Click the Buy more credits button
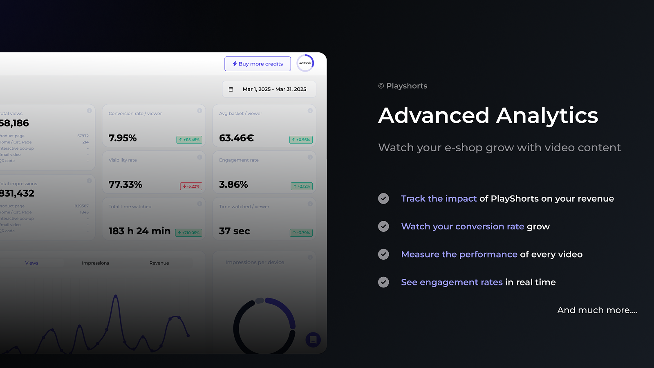[x=258, y=64]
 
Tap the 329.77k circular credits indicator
[x=305, y=63]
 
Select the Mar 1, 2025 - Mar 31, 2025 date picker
[x=269, y=89]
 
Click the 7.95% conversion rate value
[x=123, y=138]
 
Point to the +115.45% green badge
[x=189, y=140]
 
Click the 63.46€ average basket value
[x=236, y=138]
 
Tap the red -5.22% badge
[x=191, y=186]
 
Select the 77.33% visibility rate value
[x=125, y=185]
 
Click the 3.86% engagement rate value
[x=233, y=185]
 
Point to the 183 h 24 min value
[x=139, y=231]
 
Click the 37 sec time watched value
[x=234, y=231]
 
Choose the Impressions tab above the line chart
[x=95, y=263]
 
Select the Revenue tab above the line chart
[x=159, y=263]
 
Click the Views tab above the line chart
[x=31, y=263]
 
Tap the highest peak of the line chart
[x=116, y=296]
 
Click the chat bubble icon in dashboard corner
[x=313, y=340]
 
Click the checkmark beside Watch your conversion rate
[x=383, y=227]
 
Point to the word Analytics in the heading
[x=547, y=116]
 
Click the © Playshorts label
[x=403, y=86]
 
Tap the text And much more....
[x=597, y=310]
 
